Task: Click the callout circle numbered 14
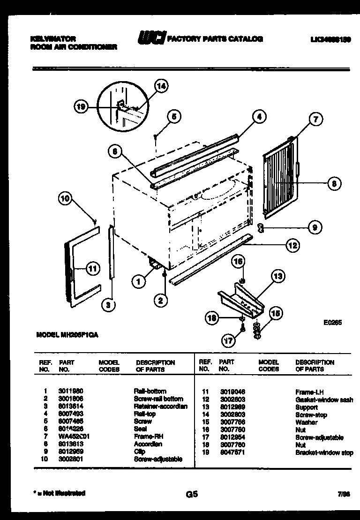pyautogui.click(x=161, y=86)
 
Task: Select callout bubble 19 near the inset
pyautogui.click(x=82, y=107)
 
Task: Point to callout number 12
pyautogui.click(x=292, y=245)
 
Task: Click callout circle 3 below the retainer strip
pyautogui.click(x=108, y=305)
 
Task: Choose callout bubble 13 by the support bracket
pyautogui.click(x=278, y=277)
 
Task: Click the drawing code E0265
pyautogui.click(x=332, y=323)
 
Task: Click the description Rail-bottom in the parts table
pyautogui.click(x=150, y=391)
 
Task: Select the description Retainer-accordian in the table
pyautogui.click(x=161, y=406)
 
